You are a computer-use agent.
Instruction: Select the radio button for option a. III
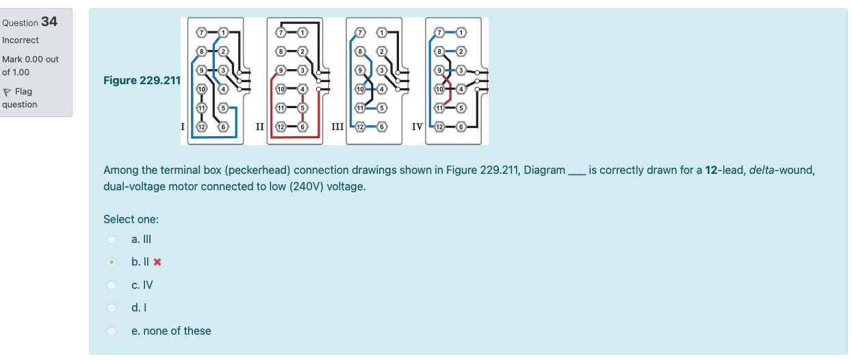(x=111, y=240)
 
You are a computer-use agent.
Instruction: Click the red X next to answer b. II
(x=157, y=262)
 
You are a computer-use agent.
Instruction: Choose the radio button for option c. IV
(x=111, y=285)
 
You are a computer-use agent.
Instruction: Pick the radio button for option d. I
(x=111, y=308)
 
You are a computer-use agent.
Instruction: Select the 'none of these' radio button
(x=111, y=331)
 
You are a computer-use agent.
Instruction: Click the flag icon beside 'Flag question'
(x=7, y=92)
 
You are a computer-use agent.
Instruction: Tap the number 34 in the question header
(x=49, y=22)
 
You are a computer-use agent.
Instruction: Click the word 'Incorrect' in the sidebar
(x=21, y=40)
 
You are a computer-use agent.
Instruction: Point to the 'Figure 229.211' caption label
(x=142, y=81)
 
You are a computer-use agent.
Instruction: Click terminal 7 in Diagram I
(x=201, y=32)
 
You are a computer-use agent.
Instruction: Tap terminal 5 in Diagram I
(x=222, y=108)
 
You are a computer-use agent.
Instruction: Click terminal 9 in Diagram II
(x=281, y=70)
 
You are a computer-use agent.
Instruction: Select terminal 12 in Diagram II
(x=281, y=127)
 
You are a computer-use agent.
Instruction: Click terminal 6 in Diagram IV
(x=461, y=127)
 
